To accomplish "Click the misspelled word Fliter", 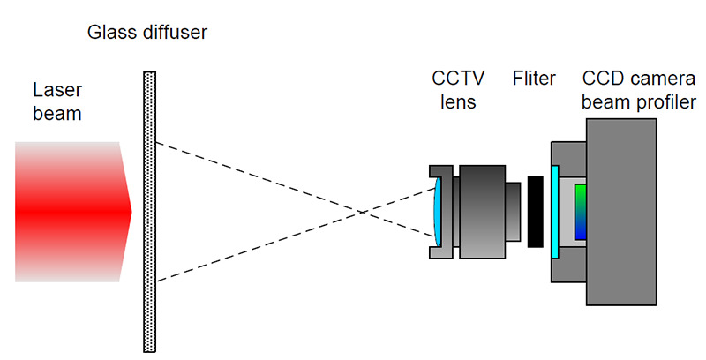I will pos(534,79).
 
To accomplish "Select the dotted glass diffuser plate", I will pos(149,212).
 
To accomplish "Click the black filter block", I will pos(535,212).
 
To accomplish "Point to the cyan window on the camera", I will pos(554,212).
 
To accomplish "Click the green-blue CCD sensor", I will pos(580,212).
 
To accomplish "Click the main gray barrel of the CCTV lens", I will pos(483,212).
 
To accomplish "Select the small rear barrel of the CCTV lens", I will pos(515,212).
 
